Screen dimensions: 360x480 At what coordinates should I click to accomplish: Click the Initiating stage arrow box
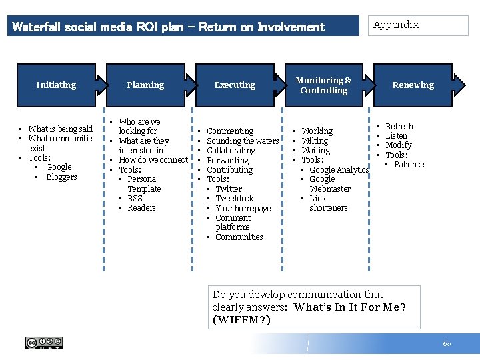[x=56, y=85]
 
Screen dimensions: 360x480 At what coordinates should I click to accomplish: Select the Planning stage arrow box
[x=145, y=85]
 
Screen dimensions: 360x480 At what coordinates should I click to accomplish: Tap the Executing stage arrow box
[x=235, y=85]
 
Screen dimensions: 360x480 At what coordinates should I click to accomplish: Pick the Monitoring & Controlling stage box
[x=324, y=85]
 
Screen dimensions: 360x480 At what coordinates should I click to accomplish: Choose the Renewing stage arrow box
[x=413, y=85]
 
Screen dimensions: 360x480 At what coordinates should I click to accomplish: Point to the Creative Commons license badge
[x=44, y=343]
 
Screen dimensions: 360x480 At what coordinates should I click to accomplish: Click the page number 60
[x=446, y=343]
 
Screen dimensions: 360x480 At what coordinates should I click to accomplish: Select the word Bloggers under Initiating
[x=61, y=177]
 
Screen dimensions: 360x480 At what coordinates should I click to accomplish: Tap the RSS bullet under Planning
[x=135, y=198]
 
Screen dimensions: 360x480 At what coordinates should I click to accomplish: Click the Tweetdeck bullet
[x=235, y=198]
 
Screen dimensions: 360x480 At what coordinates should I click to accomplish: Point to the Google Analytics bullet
[x=339, y=169]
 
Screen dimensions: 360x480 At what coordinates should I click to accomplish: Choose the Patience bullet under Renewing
[x=409, y=164]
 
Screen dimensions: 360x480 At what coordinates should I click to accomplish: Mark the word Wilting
[x=315, y=141]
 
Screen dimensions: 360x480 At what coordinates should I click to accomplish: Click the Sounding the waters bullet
[x=243, y=141]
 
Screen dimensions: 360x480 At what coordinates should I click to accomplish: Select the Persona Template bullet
[x=143, y=184]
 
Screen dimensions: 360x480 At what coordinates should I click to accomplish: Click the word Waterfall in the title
[x=36, y=27]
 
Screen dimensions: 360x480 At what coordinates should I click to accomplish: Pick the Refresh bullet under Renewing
[x=399, y=126]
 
